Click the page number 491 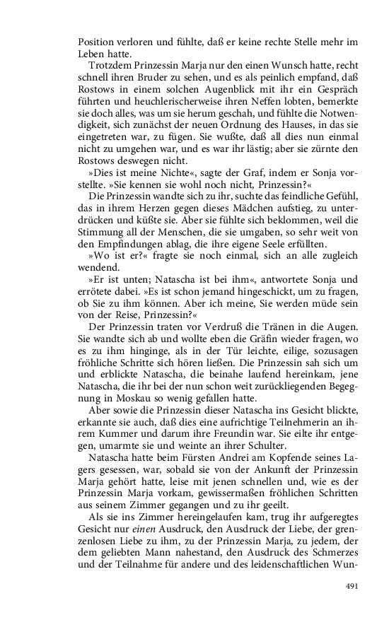coord(354,586)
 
